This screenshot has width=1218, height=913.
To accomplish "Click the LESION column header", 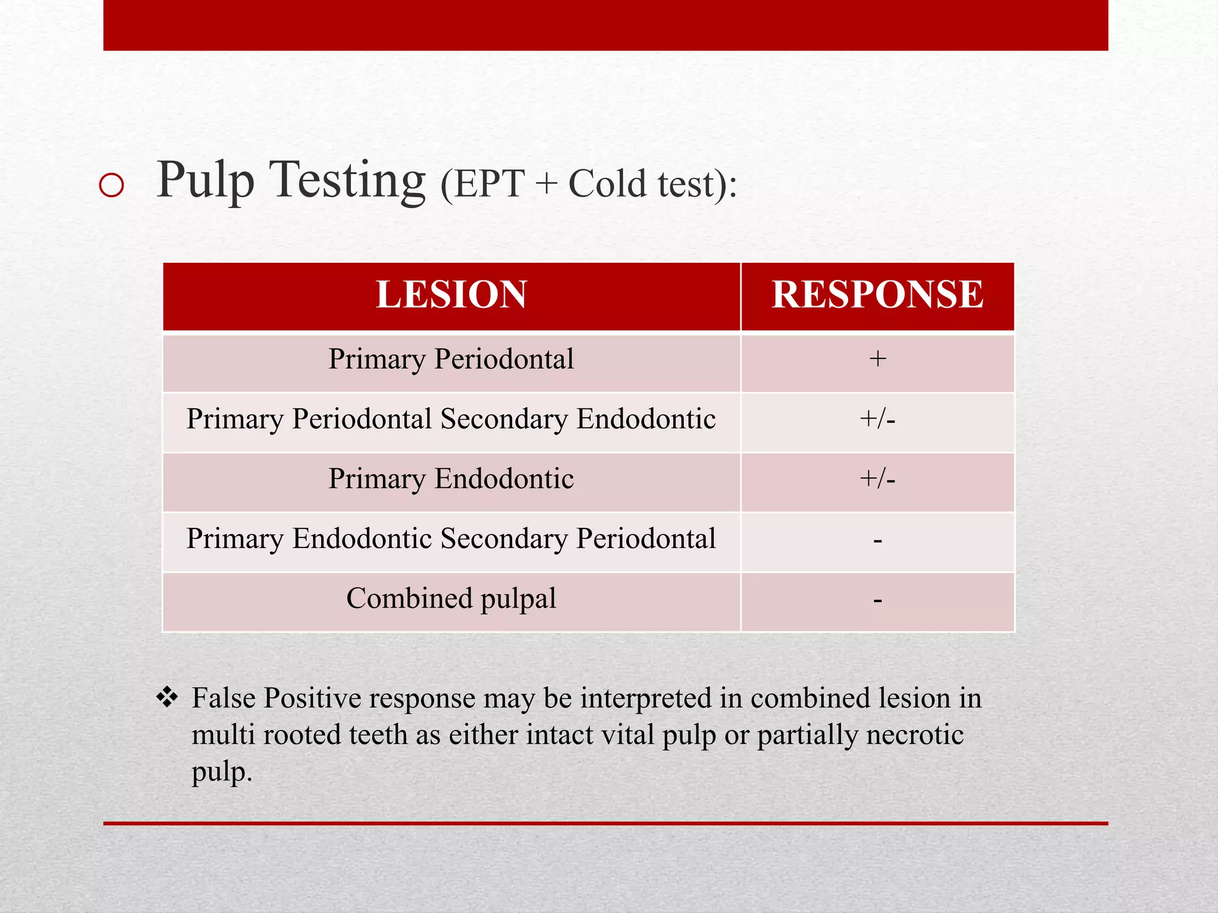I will click(451, 295).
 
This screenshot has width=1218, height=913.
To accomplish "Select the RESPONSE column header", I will click(877, 295).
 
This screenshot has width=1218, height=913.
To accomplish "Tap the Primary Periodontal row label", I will click(451, 360).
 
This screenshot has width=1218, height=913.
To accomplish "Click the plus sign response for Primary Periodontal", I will click(877, 359).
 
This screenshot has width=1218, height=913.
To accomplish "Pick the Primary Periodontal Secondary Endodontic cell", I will click(451, 419).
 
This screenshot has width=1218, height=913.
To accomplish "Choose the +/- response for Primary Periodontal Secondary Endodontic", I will click(877, 420).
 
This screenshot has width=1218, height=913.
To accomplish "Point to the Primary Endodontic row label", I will click(451, 479).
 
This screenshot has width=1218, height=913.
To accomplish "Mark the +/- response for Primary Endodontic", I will click(877, 479).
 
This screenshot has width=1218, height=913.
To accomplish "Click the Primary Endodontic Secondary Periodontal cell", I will click(451, 539).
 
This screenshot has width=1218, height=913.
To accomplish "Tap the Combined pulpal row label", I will click(451, 599).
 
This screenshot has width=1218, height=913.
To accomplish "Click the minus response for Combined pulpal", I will click(877, 601).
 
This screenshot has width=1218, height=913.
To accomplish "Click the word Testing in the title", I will click(347, 181).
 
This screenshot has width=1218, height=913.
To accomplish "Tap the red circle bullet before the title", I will click(112, 185).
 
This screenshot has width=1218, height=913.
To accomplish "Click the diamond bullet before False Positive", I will click(167, 697).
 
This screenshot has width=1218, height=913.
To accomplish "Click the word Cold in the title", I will click(607, 184).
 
